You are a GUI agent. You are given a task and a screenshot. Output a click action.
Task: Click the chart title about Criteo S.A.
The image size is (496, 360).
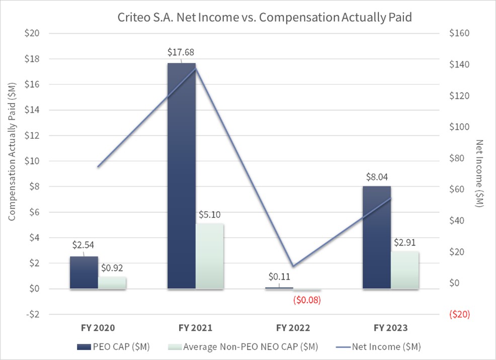264,18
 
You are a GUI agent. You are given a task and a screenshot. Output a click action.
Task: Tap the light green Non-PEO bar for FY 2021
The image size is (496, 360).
210,256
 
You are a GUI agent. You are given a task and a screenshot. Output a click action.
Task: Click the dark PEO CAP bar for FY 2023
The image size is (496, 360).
377,237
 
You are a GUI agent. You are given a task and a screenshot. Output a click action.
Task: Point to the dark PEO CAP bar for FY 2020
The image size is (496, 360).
84,273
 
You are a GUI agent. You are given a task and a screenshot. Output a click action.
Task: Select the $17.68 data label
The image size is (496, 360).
181,52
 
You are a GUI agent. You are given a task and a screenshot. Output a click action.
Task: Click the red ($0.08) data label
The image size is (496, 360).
306,300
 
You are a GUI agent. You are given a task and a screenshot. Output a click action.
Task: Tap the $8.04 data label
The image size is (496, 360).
377,176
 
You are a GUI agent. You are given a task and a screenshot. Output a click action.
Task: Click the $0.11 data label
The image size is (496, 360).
278,277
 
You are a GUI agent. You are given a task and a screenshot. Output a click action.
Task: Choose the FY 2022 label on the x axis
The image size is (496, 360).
293,328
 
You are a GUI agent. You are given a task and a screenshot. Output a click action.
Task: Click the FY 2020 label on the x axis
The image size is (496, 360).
98,328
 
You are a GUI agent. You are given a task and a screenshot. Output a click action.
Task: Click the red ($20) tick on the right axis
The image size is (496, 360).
459,314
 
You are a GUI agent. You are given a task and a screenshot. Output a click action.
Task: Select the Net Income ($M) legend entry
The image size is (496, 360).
385,346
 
